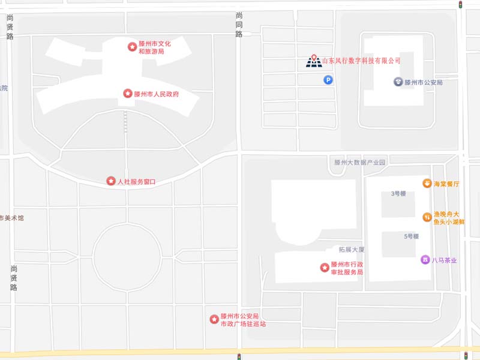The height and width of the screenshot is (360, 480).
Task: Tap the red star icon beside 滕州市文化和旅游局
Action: (132, 47)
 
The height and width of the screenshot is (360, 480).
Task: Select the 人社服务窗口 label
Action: (136, 181)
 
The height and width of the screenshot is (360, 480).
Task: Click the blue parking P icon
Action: (328, 80)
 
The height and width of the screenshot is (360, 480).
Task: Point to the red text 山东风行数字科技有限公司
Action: (361, 61)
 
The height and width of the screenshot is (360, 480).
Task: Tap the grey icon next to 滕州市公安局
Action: (398, 82)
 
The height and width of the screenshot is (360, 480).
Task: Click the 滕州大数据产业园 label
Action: (359, 163)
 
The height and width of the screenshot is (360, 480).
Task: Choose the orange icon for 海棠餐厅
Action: (427, 183)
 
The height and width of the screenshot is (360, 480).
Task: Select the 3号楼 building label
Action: (399, 194)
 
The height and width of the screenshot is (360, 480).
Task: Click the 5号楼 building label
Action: (411, 236)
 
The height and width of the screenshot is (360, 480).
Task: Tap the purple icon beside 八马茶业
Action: (425, 260)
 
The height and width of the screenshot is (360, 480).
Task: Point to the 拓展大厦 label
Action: (352, 250)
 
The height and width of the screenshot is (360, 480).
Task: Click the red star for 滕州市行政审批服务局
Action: (325, 267)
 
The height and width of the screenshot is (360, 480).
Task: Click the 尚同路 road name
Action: (239, 25)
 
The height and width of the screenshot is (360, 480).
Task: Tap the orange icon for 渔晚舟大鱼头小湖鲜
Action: (427, 217)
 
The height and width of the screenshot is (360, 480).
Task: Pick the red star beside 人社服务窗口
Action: (111, 181)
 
